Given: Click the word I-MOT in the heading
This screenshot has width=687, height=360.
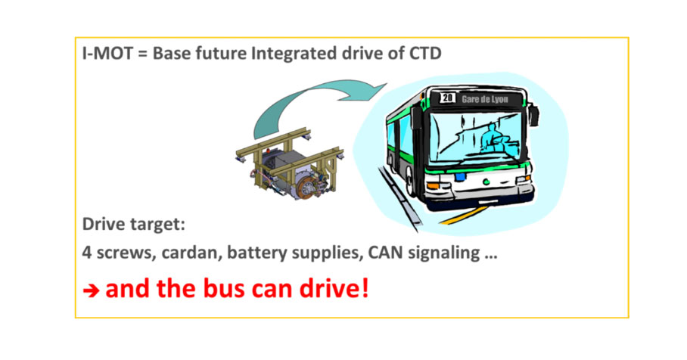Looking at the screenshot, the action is coord(107,54).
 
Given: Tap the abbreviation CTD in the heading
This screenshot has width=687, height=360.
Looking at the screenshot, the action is coord(425,54).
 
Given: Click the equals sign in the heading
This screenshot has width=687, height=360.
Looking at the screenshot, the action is coord(142,54).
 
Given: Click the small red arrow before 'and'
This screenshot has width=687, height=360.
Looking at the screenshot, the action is coord(91,290).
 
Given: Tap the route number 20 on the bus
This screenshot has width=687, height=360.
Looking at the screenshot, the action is coord(447,98).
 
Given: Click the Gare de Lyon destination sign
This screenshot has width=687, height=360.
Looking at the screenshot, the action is coord(484,99).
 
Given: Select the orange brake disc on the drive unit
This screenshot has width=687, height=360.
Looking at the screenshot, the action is coord(306,188).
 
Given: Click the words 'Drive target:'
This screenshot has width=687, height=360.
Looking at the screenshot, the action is coord(134,224).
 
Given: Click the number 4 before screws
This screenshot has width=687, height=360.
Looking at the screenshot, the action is coord(87,253).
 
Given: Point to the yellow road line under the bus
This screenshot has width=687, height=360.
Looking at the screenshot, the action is coord(465,215).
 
